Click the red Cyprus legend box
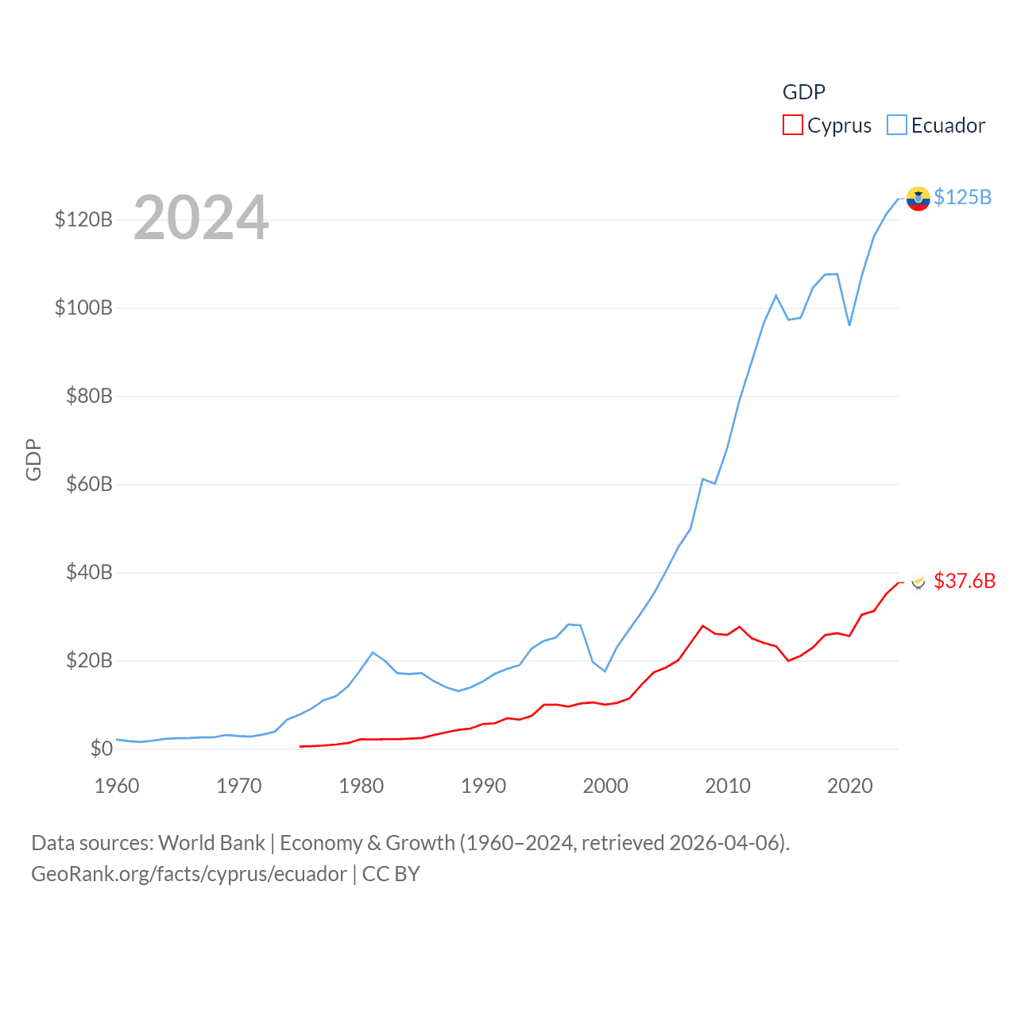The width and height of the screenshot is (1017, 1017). pyautogui.click(x=792, y=126)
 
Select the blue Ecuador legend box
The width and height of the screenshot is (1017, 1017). pyautogui.click(x=896, y=126)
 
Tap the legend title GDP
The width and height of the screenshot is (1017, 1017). pyautogui.click(x=803, y=92)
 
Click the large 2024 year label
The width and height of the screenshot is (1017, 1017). pyautogui.click(x=201, y=218)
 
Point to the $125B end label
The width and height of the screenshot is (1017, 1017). pyautogui.click(x=962, y=197)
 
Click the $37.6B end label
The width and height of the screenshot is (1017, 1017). pyautogui.click(x=964, y=581)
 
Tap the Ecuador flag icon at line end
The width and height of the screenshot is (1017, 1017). pyautogui.click(x=918, y=199)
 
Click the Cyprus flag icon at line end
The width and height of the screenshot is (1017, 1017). pyautogui.click(x=918, y=582)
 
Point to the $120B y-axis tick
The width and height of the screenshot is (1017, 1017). pyautogui.click(x=83, y=219)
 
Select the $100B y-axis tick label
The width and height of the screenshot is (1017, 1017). pyautogui.click(x=83, y=307)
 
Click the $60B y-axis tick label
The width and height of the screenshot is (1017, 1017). pyautogui.click(x=89, y=484)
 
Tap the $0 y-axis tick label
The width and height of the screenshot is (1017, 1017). pyautogui.click(x=101, y=748)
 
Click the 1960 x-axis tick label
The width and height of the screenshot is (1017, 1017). pyautogui.click(x=117, y=786)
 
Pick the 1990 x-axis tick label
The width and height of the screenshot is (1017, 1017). pyautogui.click(x=483, y=786)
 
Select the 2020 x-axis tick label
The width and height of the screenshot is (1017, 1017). pyautogui.click(x=849, y=786)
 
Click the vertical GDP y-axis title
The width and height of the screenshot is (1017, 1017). pyautogui.click(x=33, y=459)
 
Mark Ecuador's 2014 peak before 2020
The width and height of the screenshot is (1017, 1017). pyautogui.click(x=776, y=296)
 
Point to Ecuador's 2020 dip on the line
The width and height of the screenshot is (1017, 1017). pyautogui.click(x=849, y=325)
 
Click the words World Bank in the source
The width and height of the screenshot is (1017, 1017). pyautogui.click(x=211, y=842)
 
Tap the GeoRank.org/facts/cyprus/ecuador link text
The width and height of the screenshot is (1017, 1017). pyautogui.click(x=189, y=874)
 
